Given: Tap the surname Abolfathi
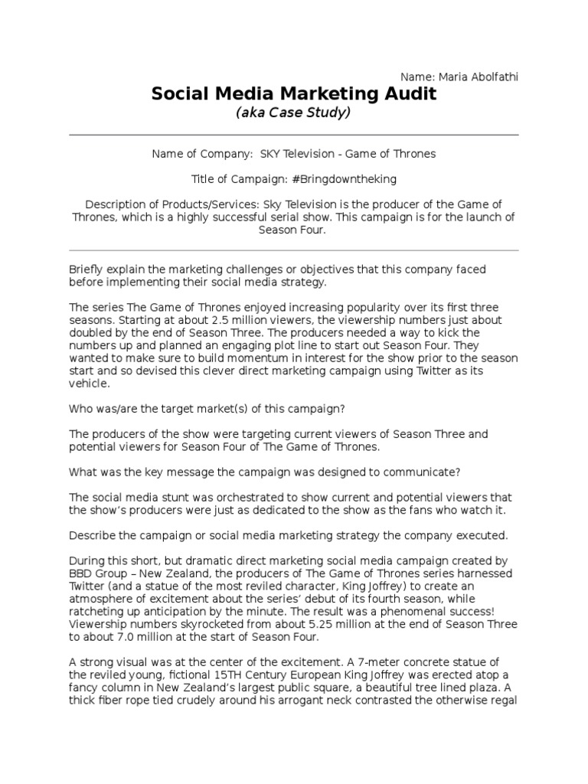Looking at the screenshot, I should [x=493, y=77].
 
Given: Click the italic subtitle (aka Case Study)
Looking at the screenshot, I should [x=293, y=113].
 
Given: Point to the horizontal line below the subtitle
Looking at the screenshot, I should [x=294, y=135].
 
